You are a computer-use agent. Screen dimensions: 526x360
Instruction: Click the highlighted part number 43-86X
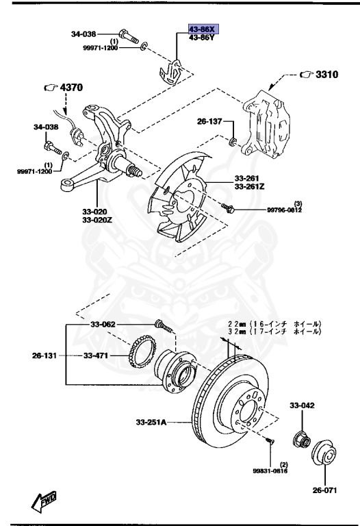203,30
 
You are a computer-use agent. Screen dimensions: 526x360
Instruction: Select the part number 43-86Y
203,39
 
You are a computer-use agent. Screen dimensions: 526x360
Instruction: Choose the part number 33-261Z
250,186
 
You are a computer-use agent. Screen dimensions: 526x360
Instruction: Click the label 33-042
302,406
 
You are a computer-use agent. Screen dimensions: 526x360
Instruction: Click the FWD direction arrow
45,501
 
